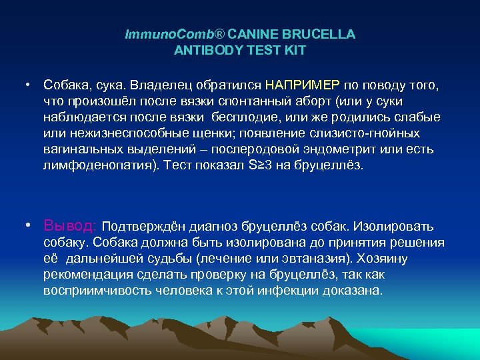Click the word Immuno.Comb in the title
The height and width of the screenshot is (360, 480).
(158, 34)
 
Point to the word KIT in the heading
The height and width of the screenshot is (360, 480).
(295, 49)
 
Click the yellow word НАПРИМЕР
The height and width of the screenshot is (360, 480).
(302, 85)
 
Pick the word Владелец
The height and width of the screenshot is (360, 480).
(158, 85)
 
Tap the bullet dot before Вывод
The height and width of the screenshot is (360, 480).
(29, 225)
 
